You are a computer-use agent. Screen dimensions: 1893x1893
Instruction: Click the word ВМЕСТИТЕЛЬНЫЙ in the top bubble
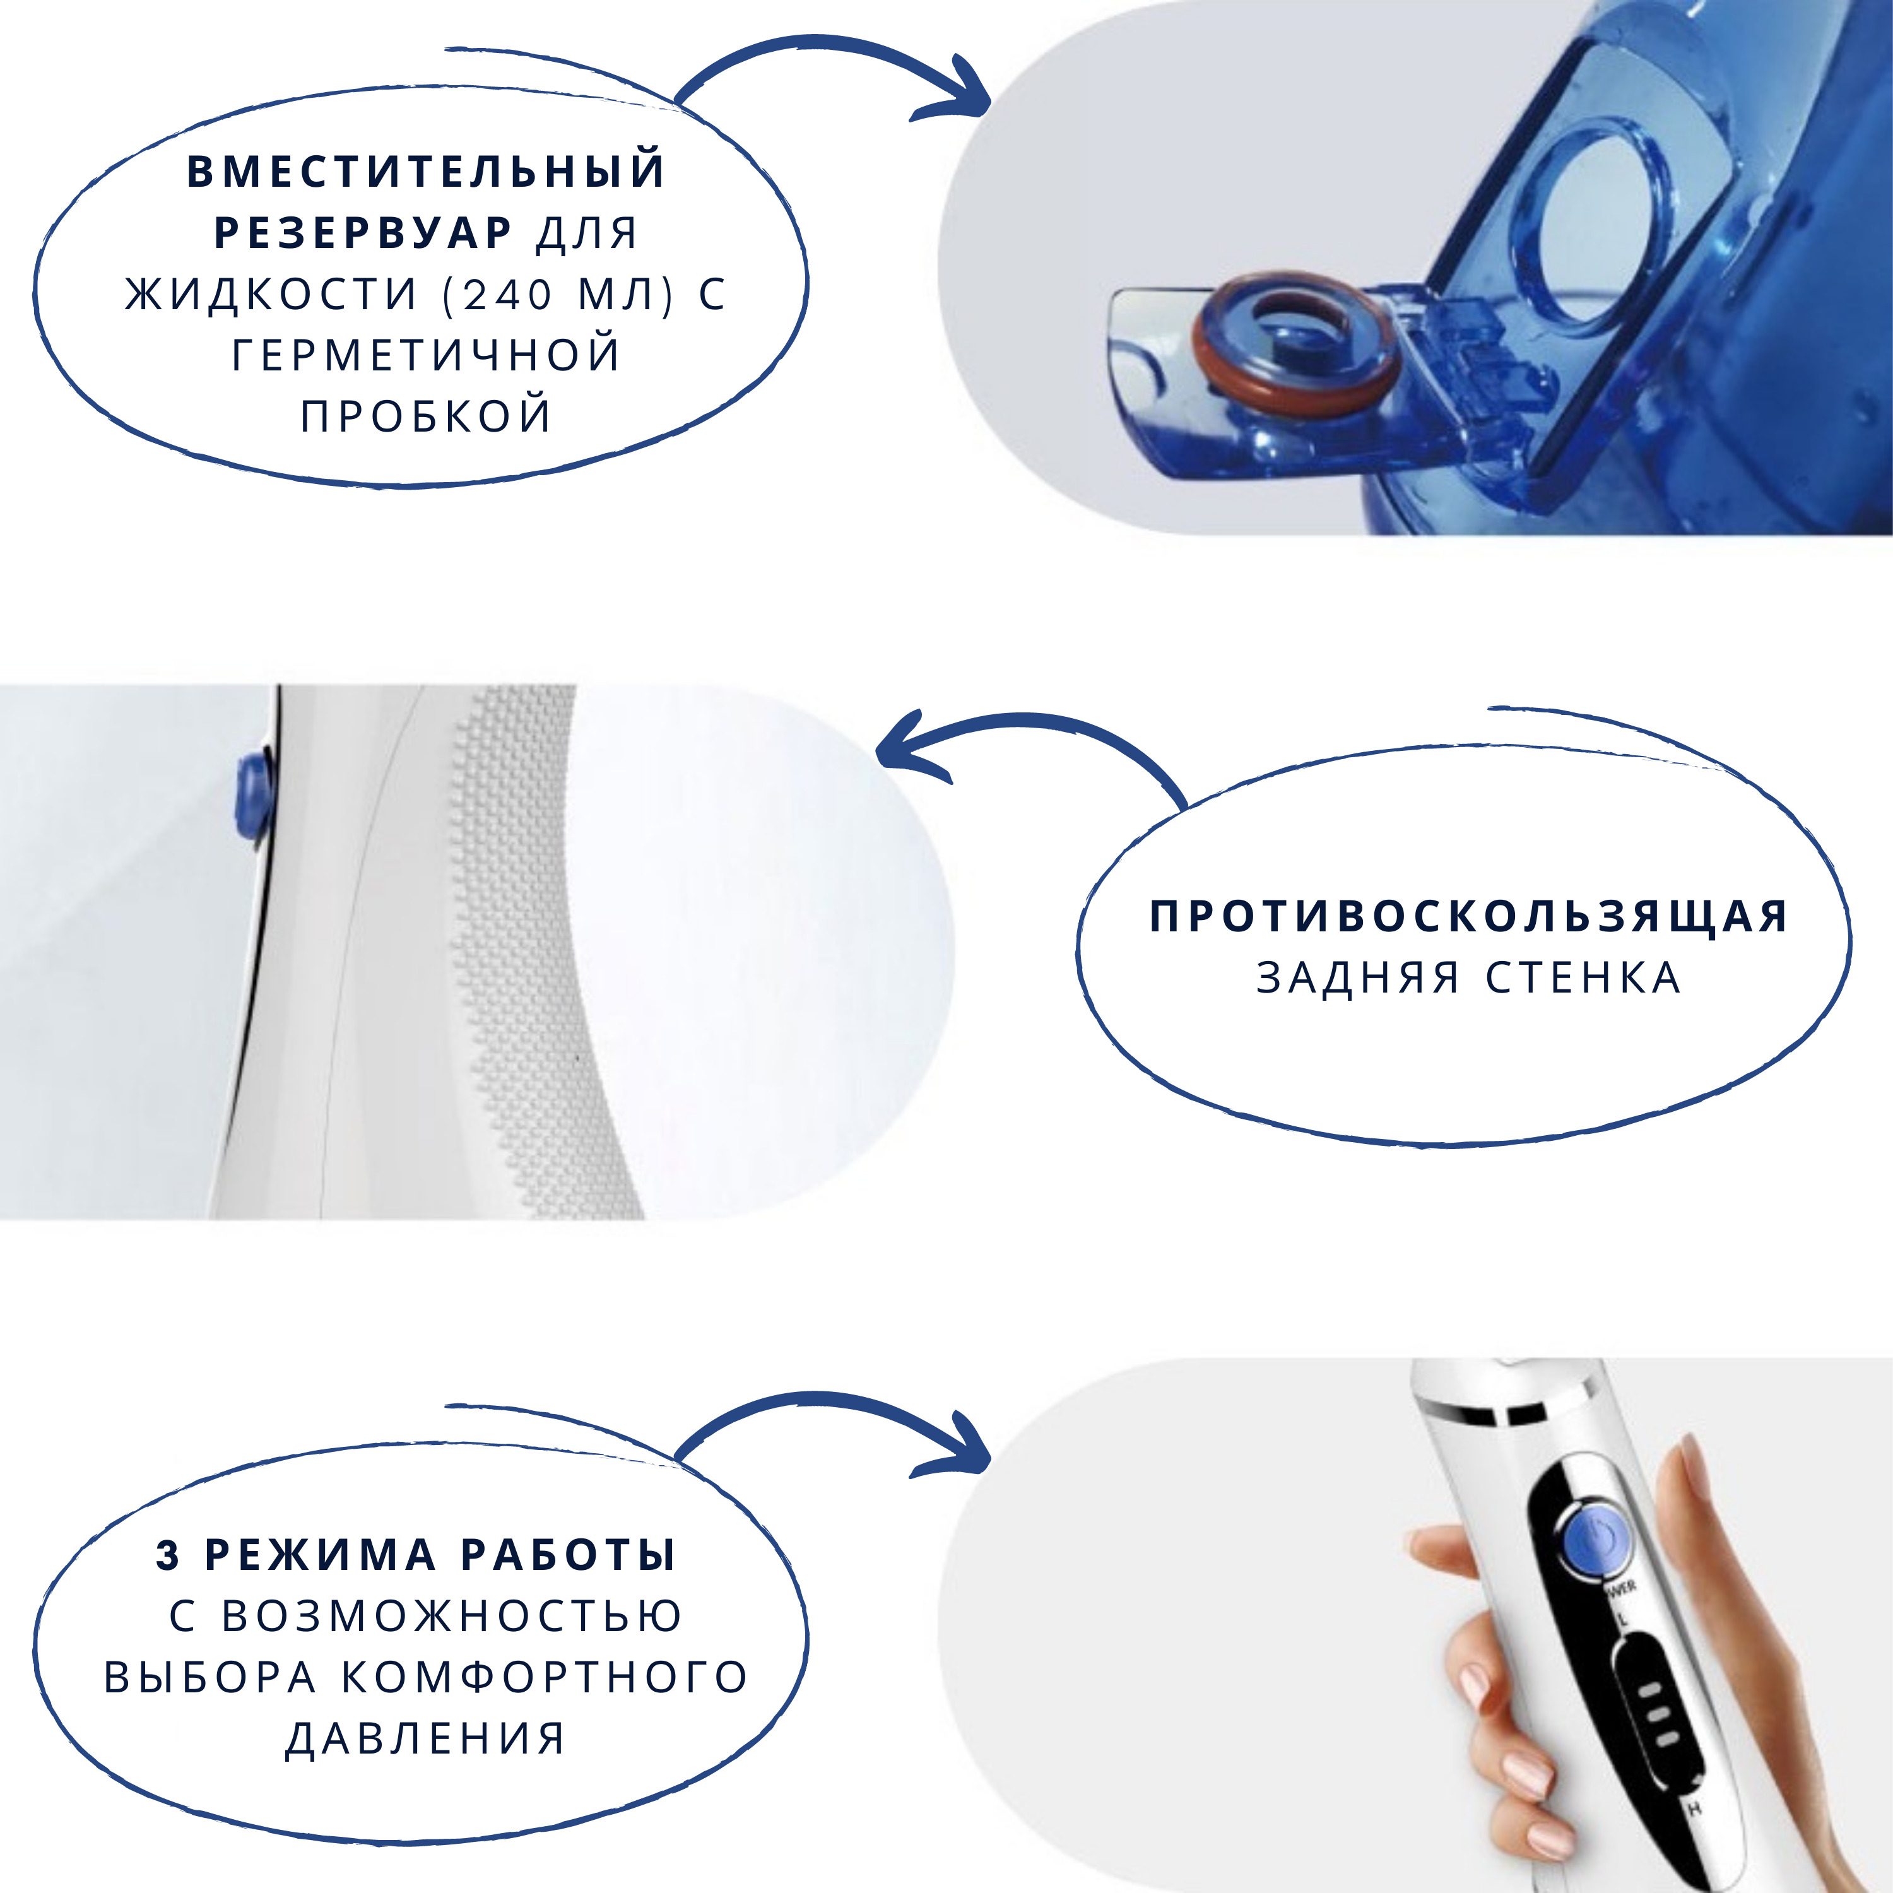coord(426,170)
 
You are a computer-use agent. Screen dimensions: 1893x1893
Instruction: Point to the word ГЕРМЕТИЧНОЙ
coord(426,355)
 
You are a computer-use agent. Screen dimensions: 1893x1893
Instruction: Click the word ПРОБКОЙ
coord(426,415)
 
